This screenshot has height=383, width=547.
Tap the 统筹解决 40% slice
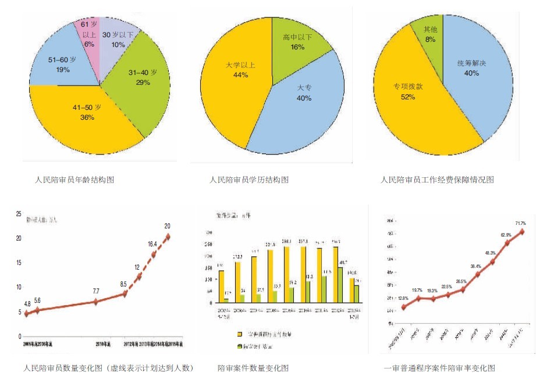coord(468,70)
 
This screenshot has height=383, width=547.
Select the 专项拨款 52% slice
coord(407,93)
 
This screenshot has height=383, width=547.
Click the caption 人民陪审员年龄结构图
coord(74,180)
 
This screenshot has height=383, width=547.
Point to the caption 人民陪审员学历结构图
coord(249,180)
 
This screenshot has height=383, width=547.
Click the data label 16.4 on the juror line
coord(152,245)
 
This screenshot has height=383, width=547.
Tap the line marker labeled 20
coord(168,237)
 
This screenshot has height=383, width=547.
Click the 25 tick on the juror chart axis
coord(19,213)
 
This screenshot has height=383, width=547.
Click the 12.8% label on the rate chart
coord(404,298)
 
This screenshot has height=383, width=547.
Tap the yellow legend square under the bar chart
coord(239,335)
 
